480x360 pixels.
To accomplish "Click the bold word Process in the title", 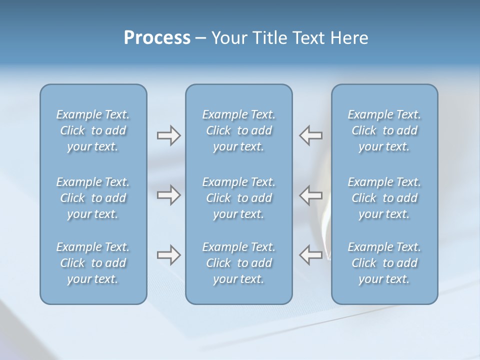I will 157,38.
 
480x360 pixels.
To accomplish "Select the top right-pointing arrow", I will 168,135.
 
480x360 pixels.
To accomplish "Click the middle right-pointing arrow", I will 168,195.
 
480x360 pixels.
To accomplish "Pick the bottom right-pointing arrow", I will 168,255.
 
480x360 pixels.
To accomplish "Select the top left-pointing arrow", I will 311,135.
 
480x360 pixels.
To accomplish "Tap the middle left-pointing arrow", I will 311,195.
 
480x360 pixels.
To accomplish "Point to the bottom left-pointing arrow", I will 311,255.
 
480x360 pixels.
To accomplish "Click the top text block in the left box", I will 93,130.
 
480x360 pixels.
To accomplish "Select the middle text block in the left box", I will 93,198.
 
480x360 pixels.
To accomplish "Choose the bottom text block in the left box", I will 93,263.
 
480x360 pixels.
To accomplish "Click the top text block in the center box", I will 238,130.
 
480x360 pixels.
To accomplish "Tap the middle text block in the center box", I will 238,198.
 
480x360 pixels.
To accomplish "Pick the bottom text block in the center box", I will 238,263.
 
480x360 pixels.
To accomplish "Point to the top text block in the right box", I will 384,130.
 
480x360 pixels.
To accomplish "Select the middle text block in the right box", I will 384,198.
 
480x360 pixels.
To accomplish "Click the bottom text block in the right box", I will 384,263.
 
